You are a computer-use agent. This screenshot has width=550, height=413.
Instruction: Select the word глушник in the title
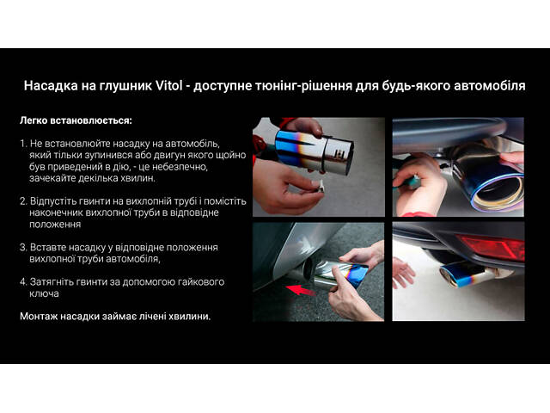(125, 86)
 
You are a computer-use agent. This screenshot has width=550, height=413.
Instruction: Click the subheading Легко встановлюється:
(76, 120)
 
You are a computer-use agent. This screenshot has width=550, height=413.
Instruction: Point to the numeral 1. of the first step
(23, 144)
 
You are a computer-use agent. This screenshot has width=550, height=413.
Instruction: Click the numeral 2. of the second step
(23, 201)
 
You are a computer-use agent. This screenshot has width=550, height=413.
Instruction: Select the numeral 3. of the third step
(23, 247)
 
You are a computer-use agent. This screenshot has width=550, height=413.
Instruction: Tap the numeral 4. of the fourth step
(23, 281)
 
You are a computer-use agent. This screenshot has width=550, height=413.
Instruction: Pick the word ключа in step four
(44, 293)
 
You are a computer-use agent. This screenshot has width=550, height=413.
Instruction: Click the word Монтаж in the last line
(39, 317)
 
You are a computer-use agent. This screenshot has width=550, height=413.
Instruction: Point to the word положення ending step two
(55, 224)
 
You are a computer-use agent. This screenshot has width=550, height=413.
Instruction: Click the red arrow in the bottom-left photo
(301, 290)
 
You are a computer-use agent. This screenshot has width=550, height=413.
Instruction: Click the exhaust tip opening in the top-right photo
(498, 192)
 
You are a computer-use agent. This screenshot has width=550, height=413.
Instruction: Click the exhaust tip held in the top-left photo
(314, 151)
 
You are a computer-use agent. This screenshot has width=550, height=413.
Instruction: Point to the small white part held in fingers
(320, 185)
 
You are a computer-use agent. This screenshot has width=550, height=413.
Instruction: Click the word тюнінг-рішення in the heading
(303, 86)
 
